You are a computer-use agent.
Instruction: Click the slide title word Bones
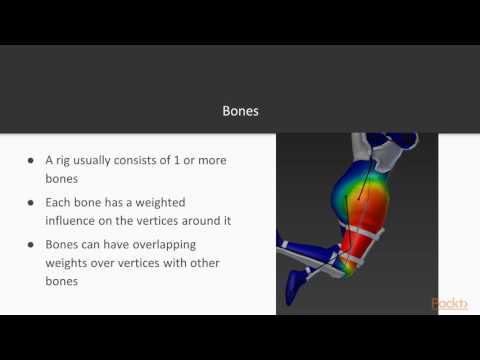[x=240, y=111]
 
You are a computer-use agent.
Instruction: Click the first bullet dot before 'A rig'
[x=33, y=160]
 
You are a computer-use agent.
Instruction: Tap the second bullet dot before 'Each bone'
[x=33, y=202]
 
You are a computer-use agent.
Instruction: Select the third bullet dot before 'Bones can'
[x=33, y=244]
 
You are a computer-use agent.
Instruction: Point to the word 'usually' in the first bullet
[x=105, y=160]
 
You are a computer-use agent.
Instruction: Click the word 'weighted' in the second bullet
[x=181, y=202]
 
